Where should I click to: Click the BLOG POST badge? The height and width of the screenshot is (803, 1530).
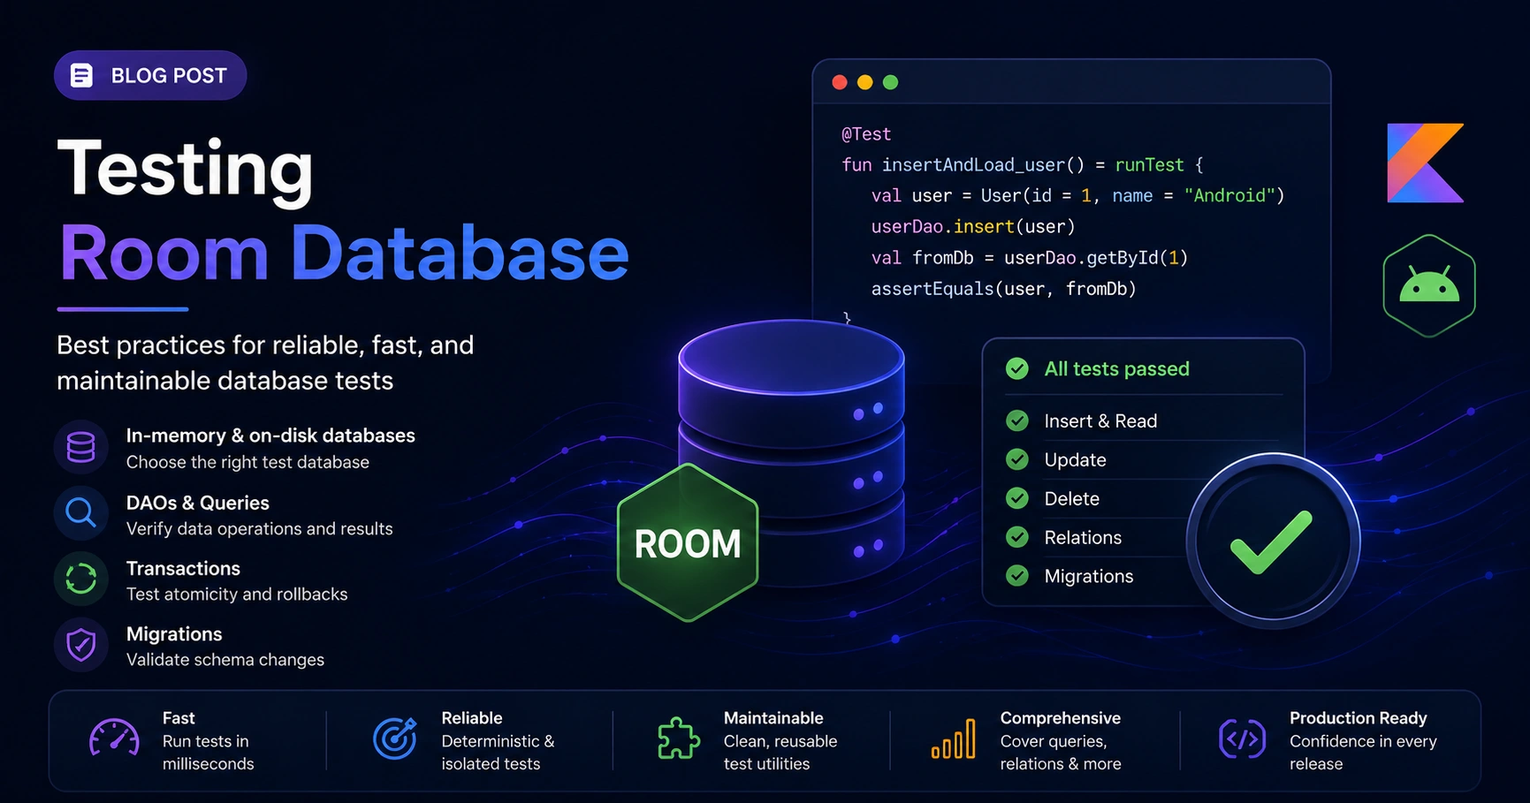tap(150, 75)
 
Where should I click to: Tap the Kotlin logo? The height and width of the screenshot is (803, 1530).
tap(1425, 163)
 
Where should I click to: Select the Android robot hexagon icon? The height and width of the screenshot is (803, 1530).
tap(1429, 285)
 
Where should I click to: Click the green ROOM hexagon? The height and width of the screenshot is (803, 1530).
tap(688, 542)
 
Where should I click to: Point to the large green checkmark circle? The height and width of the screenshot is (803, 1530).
tap(1273, 541)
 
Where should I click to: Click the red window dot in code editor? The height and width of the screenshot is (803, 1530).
tap(840, 82)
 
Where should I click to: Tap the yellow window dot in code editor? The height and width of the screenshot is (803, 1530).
tap(865, 82)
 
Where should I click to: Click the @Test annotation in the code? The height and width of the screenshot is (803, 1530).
tap(866, 134)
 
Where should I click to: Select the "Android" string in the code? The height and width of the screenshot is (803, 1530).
tap(1229, 195)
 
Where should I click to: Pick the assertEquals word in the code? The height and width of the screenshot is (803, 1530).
tap(932, 289)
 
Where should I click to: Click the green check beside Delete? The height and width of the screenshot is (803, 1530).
tap(1017, 498)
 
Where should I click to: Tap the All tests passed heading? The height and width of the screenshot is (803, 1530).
tap(1117, 368)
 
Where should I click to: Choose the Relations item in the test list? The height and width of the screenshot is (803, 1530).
tap(1083, 537)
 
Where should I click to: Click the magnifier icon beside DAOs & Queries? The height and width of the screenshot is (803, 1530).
tap(80, 512)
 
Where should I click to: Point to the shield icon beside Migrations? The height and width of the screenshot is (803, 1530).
tap(81, 645)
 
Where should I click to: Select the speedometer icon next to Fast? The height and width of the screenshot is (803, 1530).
tap(114, 739)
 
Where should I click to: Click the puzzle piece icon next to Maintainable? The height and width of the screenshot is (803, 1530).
tap(678, 739)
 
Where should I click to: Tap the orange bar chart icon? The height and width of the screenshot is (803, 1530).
tap(954, 739)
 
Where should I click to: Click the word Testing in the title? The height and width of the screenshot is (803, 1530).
tap(186, 170)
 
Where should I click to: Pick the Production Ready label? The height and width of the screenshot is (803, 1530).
tap(1358, 718)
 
